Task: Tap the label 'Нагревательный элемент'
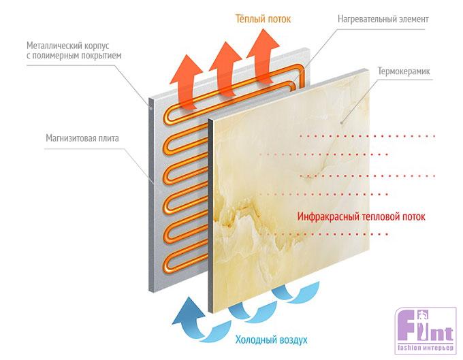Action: coord(383,19)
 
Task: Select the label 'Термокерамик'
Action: coord(401,70)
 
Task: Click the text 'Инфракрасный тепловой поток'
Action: coord(362,216)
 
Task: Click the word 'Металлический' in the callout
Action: coord(57,46)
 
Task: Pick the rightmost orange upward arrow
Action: coord(262,49)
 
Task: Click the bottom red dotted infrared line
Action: coord(327,235)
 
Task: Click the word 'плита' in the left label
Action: coord(107,139)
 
